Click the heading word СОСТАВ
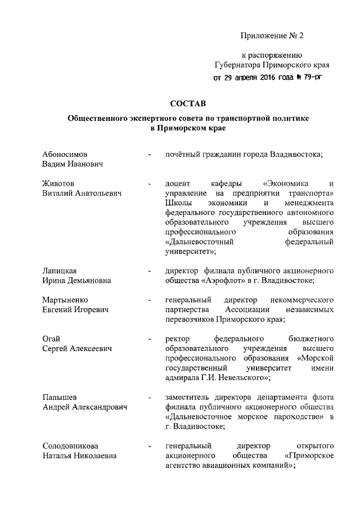click(188, 103)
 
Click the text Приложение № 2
click(272, 36)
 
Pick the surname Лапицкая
click(60, 271)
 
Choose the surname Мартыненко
click(65, 300)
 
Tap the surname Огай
click(52, 339)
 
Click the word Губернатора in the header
click(240, 65)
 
